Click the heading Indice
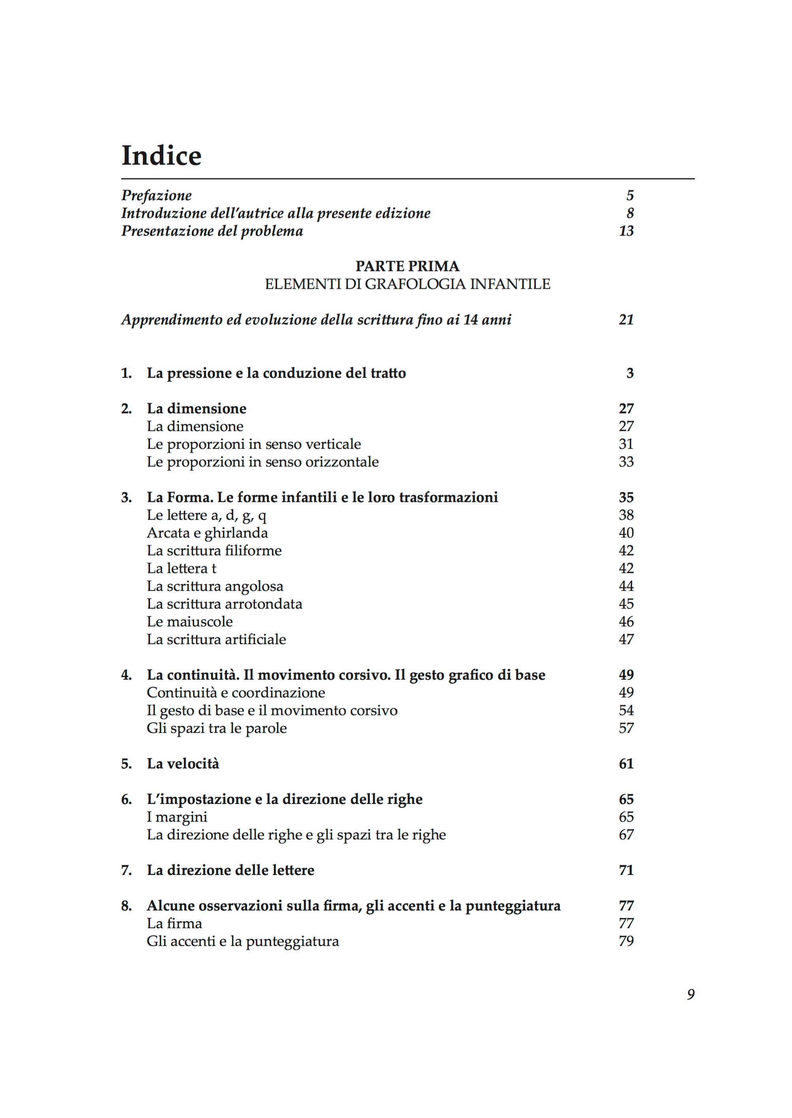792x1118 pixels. coord(161,155)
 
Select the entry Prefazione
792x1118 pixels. coord(156,196)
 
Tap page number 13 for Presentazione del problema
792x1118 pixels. coord(626,231)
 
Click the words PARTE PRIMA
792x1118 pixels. coord(407,266)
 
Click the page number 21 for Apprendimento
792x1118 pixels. coord(626,320)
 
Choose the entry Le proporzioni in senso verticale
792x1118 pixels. coord(254,444)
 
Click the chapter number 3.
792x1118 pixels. coord(126,497)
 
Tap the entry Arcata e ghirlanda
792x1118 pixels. coord(207,533)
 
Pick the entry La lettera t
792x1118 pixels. coord(182,568)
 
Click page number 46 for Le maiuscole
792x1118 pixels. coord(626,622)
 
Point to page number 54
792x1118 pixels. coord(626,710)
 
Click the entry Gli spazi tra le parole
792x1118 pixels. coord(217,728)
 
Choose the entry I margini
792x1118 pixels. coord(177,817)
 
